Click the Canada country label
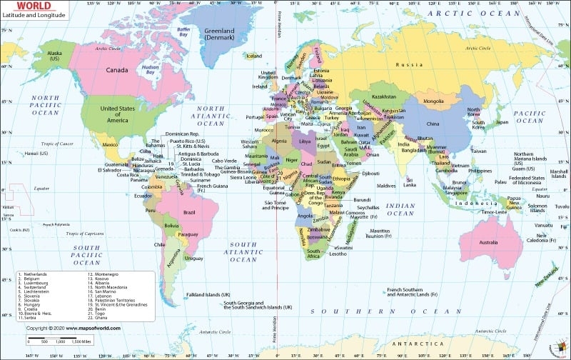tap(116, 70)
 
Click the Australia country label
tap(488, 242)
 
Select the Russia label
tap(410, 65)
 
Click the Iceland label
tap(254, 56)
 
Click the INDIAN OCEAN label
tap(400, 209)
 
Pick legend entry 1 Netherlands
tap(35, 274)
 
